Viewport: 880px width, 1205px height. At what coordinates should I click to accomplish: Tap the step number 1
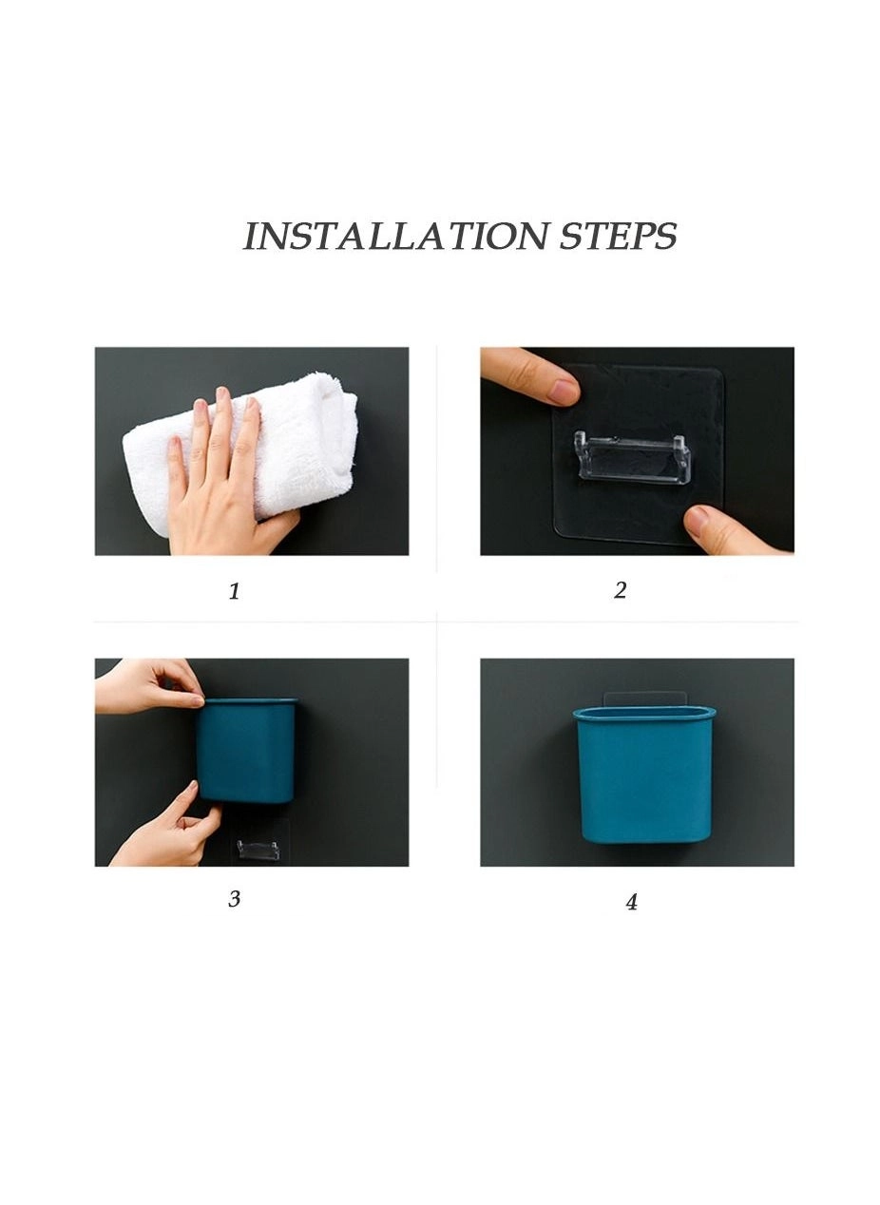[234, 591]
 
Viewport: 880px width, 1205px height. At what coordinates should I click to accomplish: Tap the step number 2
[620, 590]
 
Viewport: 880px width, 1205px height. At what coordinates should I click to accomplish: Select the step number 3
[234, 899]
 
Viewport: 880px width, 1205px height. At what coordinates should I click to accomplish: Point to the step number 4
[631, 902]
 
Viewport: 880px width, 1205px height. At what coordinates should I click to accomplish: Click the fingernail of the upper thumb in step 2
[564, 390]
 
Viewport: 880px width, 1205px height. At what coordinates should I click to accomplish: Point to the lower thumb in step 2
[722, 530]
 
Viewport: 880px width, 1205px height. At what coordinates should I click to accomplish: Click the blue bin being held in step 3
[247, 751]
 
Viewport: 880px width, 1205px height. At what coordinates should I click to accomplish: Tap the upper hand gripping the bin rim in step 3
[152, 684]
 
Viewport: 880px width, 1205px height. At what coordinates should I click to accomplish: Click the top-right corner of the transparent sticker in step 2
[718, 371]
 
